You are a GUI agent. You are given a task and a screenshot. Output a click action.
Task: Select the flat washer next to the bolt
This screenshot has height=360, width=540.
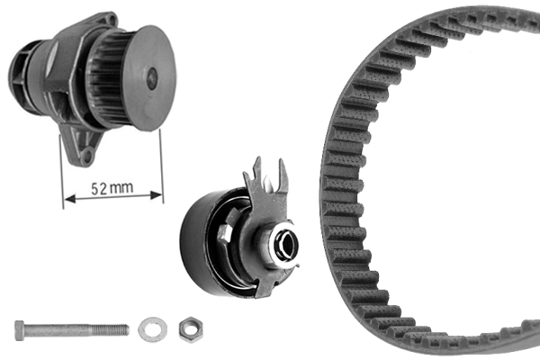149,329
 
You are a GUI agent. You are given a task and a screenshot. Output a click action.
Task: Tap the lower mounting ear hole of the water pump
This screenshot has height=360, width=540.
86,155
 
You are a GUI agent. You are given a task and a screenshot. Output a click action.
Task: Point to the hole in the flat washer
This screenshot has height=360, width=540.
149,329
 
